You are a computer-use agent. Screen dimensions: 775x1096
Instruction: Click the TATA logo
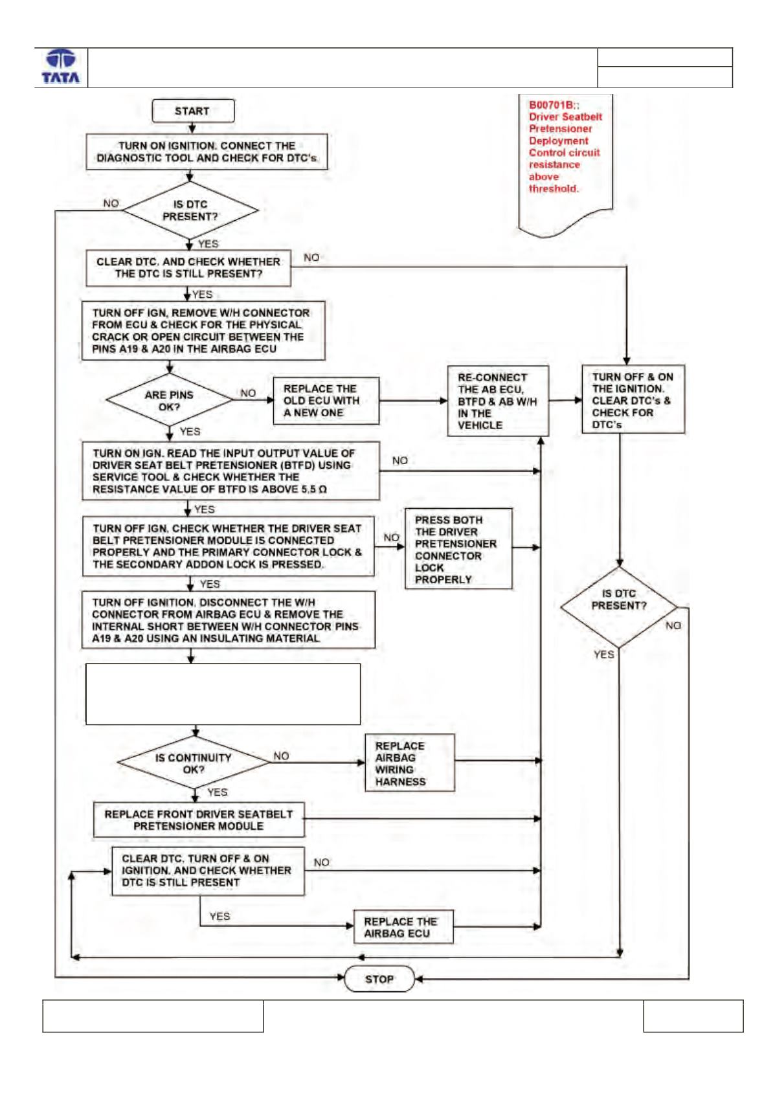point(61,67)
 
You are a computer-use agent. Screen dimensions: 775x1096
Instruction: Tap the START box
point(193,111)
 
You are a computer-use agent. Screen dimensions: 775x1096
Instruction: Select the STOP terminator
point(379,979)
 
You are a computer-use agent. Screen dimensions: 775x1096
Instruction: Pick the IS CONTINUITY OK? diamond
point(193,763)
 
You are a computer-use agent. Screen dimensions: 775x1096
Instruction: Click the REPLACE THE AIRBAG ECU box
point(403,926)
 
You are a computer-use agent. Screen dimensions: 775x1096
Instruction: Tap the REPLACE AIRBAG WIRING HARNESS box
point(410,763)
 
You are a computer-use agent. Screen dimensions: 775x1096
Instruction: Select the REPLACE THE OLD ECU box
point(326,401)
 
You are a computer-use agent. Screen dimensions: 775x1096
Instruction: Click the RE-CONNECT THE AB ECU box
point(498,401)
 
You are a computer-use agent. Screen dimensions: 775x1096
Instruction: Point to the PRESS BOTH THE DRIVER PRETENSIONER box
point(458,549)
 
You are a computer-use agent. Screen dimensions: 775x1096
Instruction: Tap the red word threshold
point(553,189)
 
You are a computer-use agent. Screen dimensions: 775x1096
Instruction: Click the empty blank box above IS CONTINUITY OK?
point(223,694)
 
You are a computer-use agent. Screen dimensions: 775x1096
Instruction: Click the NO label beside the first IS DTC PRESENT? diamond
point(111,203)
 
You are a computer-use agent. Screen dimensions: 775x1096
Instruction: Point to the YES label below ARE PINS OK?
point(190,432)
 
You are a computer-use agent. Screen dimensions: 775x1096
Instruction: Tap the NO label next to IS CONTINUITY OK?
point(281,756)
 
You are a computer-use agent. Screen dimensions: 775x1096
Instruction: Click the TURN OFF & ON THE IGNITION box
point(633,399)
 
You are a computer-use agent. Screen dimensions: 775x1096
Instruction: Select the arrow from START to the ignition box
point(192,128)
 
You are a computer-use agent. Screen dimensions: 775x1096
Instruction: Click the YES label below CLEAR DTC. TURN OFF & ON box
point(219,916)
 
